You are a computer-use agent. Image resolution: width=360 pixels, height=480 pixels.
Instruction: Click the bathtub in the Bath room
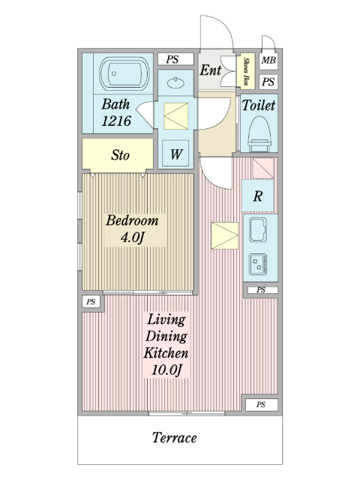(x=124, y=73)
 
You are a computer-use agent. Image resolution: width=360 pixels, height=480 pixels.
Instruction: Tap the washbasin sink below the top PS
(x=175, y=82)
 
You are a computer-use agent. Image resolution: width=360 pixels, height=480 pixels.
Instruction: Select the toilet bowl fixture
(x=259, y=133)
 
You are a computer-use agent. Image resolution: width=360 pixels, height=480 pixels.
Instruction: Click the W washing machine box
(x=175, y=153)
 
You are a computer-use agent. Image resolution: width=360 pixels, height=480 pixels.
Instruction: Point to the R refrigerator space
(x=257, y=196)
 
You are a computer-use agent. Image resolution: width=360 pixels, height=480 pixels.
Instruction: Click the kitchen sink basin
(x=258, y=229)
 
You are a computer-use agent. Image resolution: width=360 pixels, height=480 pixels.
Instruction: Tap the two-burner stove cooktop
(x=258, y=264)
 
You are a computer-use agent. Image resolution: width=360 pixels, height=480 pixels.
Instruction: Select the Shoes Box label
(x=246, y=71)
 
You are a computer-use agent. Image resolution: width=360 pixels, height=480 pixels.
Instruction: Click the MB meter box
(x=268, y=60)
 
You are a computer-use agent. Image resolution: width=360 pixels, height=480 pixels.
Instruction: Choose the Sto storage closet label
(x=120, y=155)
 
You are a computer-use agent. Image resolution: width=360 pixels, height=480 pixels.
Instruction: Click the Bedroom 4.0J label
(x=133, y=229)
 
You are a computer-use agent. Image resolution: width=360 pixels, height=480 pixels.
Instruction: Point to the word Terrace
(x=175, y=437)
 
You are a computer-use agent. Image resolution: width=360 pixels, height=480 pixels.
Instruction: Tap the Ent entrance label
(x=210, y=70)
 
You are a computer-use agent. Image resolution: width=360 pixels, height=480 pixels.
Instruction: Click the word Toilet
(x=259, y=105)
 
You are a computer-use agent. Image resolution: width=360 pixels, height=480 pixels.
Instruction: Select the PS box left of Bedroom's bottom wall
(x=91, y=301)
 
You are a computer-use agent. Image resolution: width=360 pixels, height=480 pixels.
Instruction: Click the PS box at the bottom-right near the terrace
(x=262, y=404)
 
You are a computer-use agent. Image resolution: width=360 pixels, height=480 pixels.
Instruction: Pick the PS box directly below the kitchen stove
(x=261, y=289)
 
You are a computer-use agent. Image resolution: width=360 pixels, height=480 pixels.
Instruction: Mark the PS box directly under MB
(x=268, y=82)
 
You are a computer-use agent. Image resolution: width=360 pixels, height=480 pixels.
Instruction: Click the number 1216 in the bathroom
(x=116, y=121)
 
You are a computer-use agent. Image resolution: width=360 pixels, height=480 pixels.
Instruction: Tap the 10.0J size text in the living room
(x=166, y=370)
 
